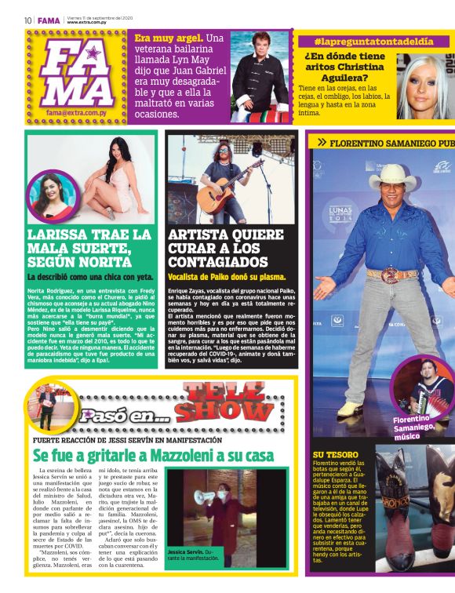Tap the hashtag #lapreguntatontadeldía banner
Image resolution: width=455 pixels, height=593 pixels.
pyautogui.click(x=373, y=41)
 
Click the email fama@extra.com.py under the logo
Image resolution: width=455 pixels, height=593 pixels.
pyautogui.click(x=75, y=113)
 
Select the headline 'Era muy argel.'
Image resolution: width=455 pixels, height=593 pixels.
pyautogui.click(x=169, y=38)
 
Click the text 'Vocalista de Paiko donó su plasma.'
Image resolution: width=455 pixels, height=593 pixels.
pyautogui.click(x=227, y=277)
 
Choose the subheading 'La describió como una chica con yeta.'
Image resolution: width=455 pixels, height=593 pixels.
pyautogui.click(x=90, y=277)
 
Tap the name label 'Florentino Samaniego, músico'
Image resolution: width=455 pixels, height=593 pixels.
pyautogui.click(x=413, y=428)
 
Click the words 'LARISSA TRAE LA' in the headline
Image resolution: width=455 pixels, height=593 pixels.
pyautogui.click(x=89, y=235)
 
